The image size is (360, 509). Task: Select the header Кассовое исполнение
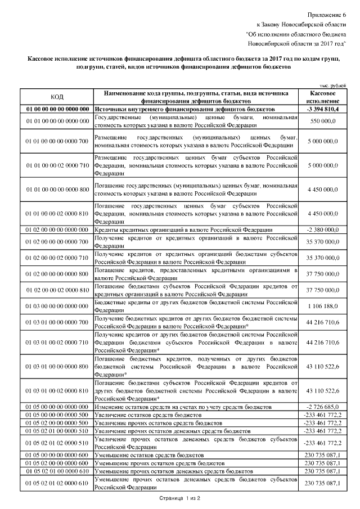coord(323,96)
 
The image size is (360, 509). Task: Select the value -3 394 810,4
coord(323,108)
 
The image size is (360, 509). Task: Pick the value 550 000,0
coord(323,121)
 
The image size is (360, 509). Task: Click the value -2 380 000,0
coord(323,229)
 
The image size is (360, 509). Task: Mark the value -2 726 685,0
coord(323,406)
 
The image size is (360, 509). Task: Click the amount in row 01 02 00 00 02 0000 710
coord(323,258)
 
